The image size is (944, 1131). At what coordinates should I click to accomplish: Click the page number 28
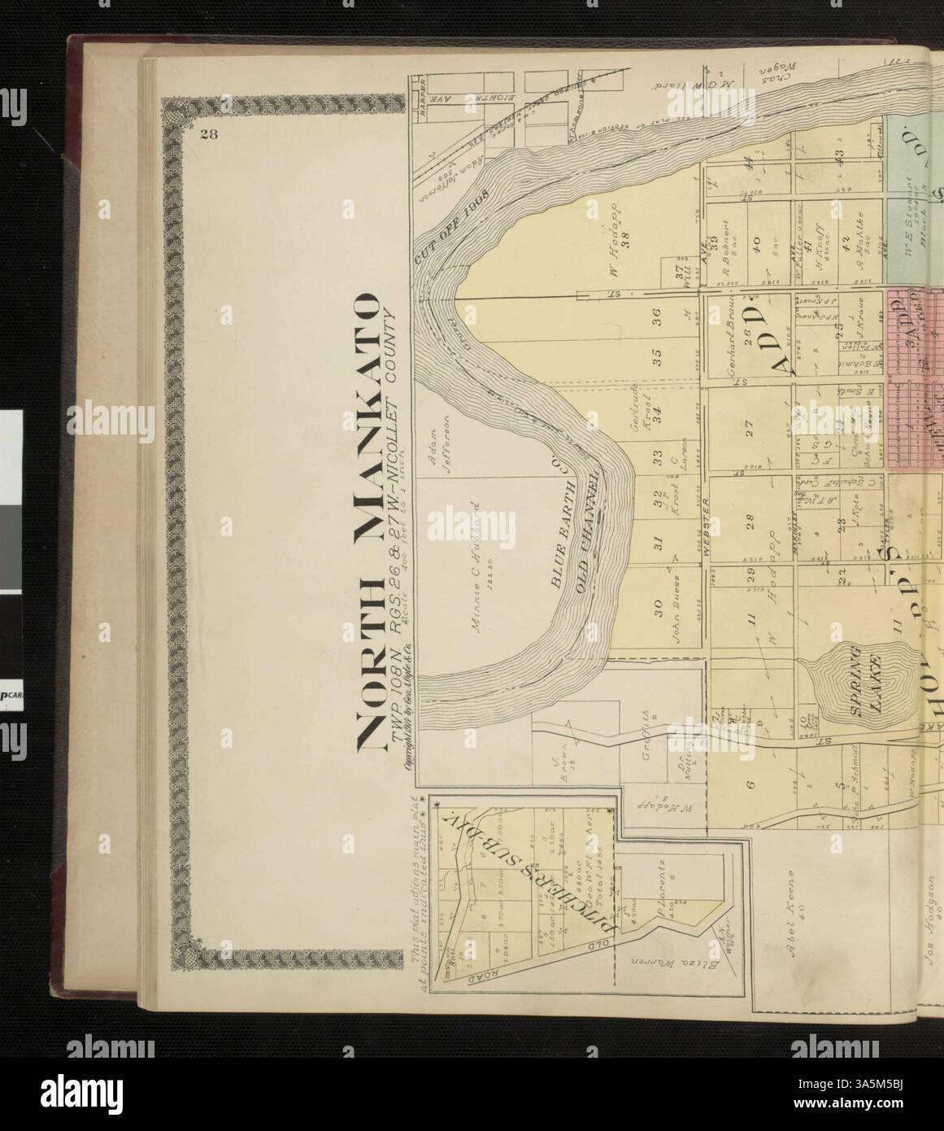tap(207, 136)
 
